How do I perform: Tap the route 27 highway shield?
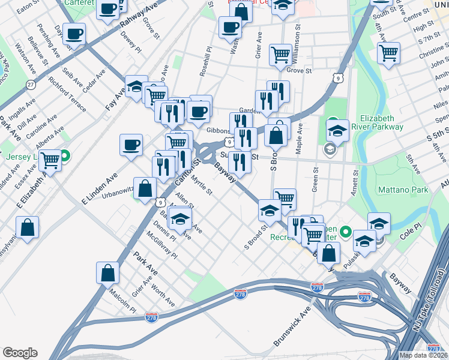[31, 85]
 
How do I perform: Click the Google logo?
[20, 352]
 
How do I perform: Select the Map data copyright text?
[423, 355]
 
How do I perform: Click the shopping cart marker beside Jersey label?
[50, 160]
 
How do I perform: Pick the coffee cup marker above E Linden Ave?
[131, 145]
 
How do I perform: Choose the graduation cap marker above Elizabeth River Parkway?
[338, 130]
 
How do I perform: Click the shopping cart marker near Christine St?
[389, 53]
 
